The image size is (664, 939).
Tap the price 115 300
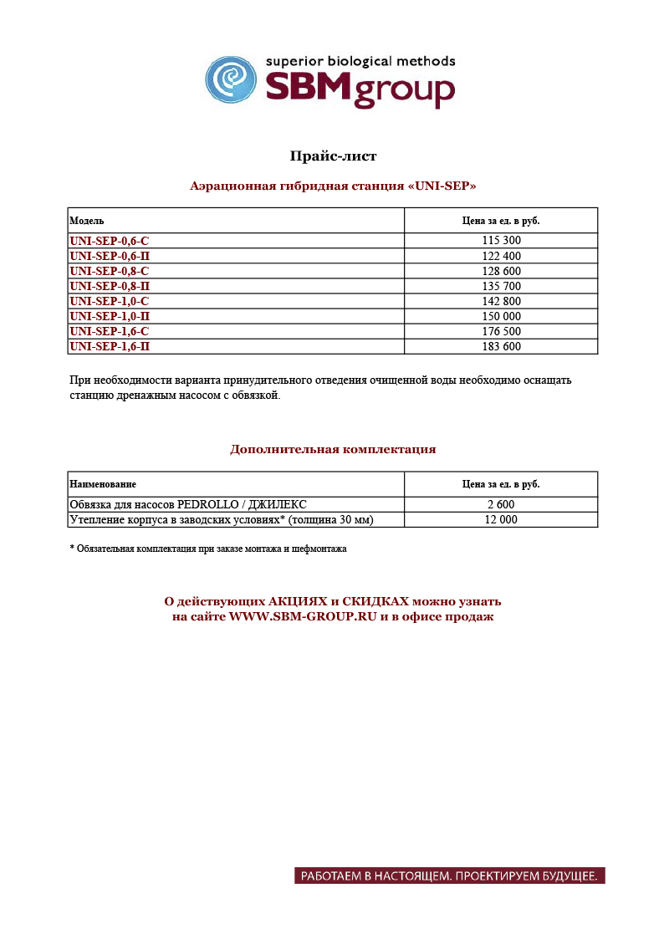click(501, 241)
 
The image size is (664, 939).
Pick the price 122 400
click(501, 256)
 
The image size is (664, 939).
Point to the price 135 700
click(501, 286)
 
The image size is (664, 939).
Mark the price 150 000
click(501, 316)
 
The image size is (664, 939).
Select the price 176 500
click(501, 331)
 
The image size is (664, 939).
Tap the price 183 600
click(501, 346)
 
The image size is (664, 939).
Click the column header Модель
click(87, 221)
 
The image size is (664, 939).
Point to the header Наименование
click(103, 484)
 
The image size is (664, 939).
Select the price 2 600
click(501, 505)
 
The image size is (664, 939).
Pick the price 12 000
click(501, 520)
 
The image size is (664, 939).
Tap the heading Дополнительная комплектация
click(333, 450)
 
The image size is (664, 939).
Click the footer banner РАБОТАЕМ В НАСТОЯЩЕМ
click(449, 876)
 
